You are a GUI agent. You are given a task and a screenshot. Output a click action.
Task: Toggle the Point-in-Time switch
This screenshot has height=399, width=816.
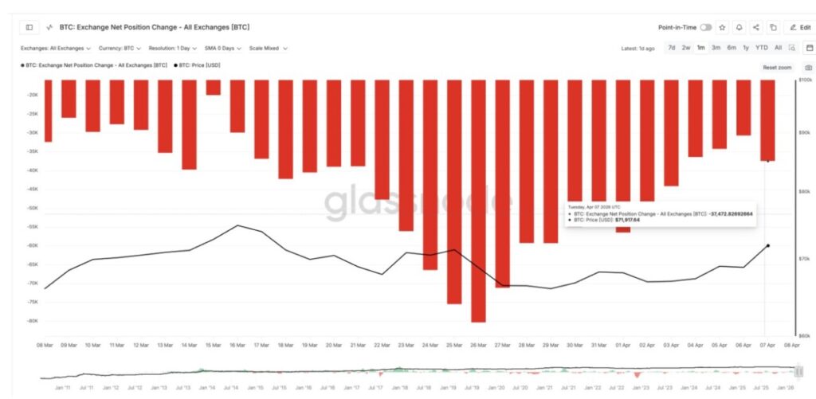(x=706, y=27)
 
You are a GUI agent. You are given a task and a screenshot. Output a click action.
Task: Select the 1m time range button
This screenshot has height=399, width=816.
(x=700, y=48)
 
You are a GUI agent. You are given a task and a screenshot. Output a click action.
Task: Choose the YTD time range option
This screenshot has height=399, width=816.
(x=761, y=48)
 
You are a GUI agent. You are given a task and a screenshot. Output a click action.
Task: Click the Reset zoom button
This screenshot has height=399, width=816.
(x=777, y=68)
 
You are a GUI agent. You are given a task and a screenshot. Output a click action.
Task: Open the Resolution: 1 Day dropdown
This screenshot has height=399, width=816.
(x=172, y=48)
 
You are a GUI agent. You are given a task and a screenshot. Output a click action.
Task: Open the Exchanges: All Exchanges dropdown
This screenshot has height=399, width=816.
(x=56, y=48)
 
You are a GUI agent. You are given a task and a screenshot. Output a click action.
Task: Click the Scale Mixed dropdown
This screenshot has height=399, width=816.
(x=268, y=48)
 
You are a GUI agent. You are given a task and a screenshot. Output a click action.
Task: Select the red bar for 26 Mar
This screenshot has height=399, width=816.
(x=478, y=199)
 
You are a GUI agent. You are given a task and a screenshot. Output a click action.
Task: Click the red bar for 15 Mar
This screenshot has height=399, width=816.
(x=213, y=87)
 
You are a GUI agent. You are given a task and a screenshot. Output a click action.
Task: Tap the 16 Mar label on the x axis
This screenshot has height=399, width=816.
(x=237, y=346)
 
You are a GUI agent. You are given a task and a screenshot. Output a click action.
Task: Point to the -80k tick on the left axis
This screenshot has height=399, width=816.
(x=33, y=321)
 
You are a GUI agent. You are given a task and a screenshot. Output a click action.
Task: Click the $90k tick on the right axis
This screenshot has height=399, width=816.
(x=805, y=132)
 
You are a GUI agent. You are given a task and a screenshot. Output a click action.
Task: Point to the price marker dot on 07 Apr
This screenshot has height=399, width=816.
(x=767, y=246)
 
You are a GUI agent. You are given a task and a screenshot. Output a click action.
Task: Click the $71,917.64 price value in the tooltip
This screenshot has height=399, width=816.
(x=627, y=220)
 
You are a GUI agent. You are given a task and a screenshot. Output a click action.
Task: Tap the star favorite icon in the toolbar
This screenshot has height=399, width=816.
(x=722, y=27)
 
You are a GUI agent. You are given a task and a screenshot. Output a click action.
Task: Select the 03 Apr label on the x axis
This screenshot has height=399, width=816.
(x=671, y=346)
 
